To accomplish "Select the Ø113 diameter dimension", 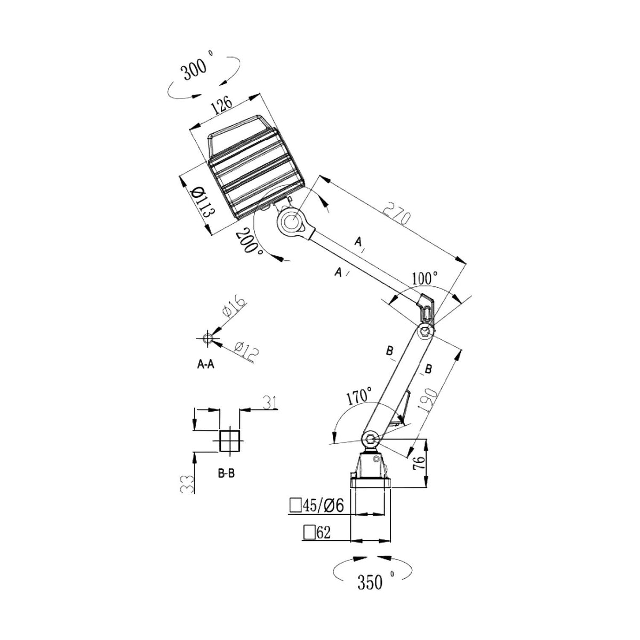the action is click(204, 202).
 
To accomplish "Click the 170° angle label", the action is click(359, 396).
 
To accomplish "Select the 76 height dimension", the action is click(420, 463).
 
